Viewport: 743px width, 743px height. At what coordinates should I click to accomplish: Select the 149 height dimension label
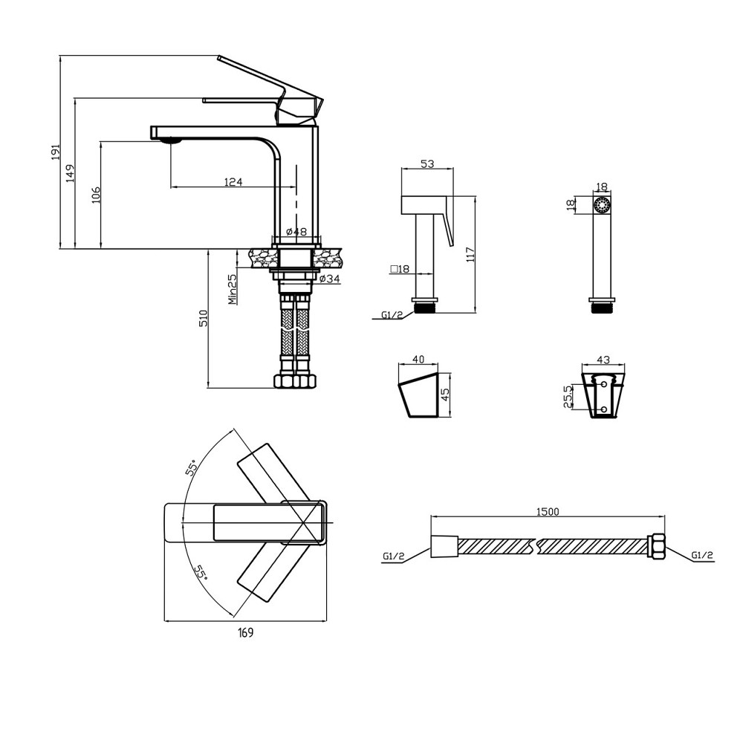pos(71,173)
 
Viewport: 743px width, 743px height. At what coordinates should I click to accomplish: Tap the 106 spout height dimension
pos(96,194)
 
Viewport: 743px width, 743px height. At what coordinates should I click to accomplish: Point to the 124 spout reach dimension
pos(233,181)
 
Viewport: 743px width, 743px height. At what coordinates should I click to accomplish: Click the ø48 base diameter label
pos(296,232)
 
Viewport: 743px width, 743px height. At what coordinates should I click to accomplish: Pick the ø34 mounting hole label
pos(329,279)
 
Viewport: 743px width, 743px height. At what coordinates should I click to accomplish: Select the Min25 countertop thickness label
pos(232,289)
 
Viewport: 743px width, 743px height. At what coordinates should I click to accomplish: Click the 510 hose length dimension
pos(204,318)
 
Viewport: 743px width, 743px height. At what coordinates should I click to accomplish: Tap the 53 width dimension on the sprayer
pos(427,163)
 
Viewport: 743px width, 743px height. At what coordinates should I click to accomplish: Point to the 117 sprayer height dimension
pos(470,255)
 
